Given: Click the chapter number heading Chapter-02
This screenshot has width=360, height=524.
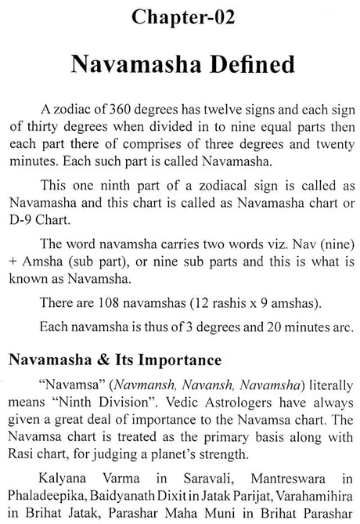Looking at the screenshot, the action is (179, 16).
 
